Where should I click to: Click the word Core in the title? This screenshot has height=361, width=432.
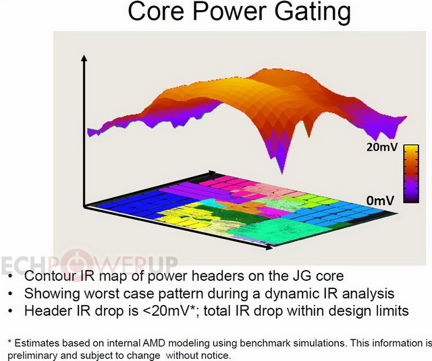pyautogui.click(x=156, y=11)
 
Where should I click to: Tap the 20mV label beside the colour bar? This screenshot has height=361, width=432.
pyautogui.click(x=382, y=147)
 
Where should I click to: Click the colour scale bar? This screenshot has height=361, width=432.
pyautogui.click(x=411, y=174)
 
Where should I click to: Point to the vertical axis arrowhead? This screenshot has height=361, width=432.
pyautogui.click(x=84, y=58)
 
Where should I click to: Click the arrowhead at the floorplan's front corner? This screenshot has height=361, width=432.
pyautogui.click(x=269, y=247)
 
